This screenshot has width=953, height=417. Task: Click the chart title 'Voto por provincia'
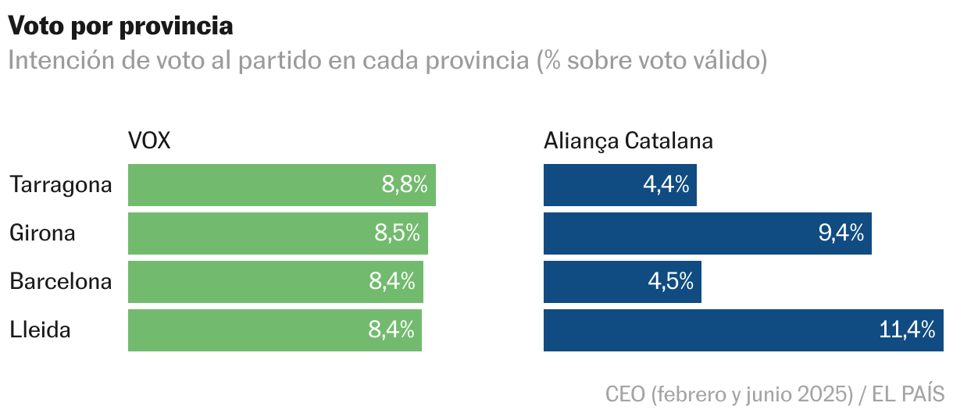(x=121, y=26)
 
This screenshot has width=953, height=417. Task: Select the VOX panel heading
(x=149, y=141)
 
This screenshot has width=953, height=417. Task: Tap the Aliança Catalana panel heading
(x=628, y=141)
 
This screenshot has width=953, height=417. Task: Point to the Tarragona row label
(x=61, y=185)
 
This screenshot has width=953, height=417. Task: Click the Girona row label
(x=42, y=233)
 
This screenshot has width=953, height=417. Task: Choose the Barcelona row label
(x=61, y=281)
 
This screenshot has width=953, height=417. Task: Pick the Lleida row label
(x=40, y=330)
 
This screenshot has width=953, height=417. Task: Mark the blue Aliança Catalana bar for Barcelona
(x=594, y=282)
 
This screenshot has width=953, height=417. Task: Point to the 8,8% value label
(x=405, y=185)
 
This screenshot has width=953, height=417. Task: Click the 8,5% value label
(x=397, y=233)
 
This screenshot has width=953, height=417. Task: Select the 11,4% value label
(x=907, y=330)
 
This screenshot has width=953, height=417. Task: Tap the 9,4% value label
(x=841, y=233)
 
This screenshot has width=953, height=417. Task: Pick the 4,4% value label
(x=666, y=185)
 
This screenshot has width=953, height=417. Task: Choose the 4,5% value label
(x=670, y=282)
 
